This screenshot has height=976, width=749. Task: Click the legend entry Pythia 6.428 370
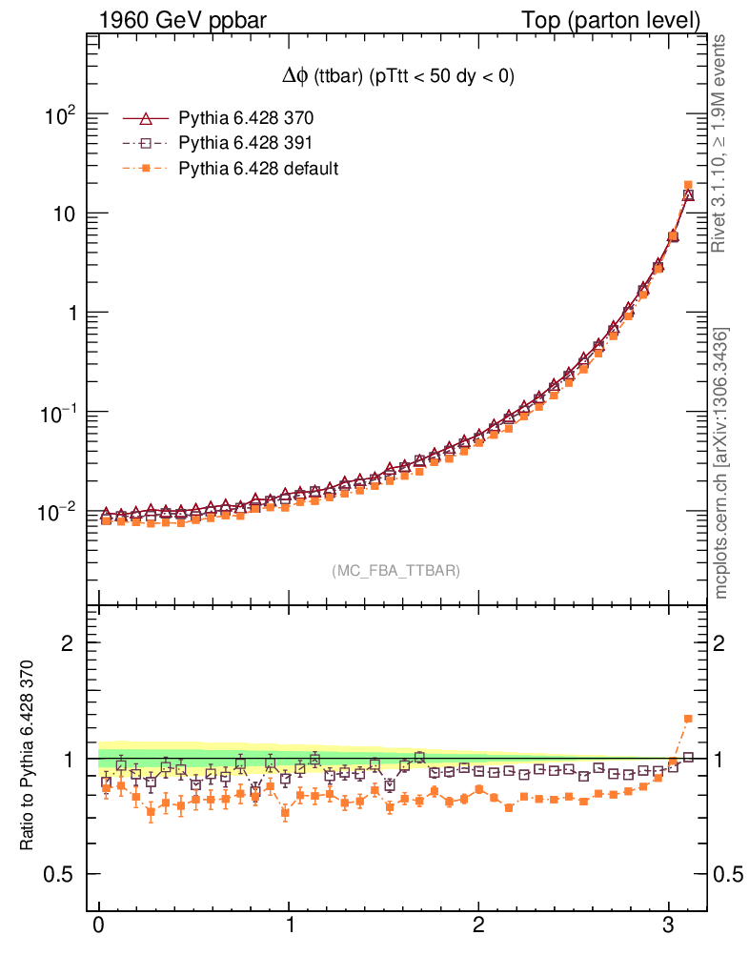tap(246, 119)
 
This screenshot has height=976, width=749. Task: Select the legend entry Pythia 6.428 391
tap(246, 144)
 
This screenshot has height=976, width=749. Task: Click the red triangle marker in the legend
tap(146, 119)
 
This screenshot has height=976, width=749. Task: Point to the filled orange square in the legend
tap(146, 169)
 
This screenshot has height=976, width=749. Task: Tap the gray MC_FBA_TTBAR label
tap(395, 571)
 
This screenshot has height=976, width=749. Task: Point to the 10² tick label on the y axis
tap(59, 117)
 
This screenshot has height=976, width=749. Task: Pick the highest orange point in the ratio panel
tap(688, 719)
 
